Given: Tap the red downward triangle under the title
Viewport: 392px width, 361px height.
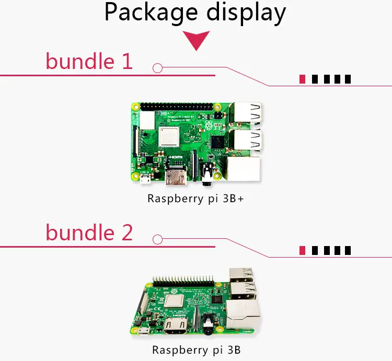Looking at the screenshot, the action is pyautogui.click(x=196, y=40).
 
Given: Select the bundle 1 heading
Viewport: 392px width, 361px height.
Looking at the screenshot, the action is pyautogui.click(x=89, y=62).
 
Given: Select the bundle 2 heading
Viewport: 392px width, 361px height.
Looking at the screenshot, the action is pyautogui.click(x=89, y=232).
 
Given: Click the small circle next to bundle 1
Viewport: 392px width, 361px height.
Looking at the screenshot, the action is pyautogui.click(x=157, y=68).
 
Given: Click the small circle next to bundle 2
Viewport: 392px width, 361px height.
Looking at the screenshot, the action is pyautogui.click(x=157, y=239).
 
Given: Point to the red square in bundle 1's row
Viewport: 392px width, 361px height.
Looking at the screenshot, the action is pyautogui.click(x=302, y=79).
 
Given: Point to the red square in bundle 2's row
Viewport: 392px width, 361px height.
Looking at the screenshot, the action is pyautogui.click(x=302, y=250).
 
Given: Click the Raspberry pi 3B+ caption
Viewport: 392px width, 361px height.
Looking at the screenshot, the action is pyautogui.click(x=196, y=199).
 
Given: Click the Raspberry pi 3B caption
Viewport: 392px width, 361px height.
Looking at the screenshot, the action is pyautogui.click(x=196, y=350).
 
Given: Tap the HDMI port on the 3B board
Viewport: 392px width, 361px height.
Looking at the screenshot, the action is pyautogui.click(x=178, y=328).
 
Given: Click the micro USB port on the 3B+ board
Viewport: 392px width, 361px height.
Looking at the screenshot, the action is pyautogui.click(x=146, y=180).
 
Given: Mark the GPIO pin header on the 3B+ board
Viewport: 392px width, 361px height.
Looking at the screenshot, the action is pyautogui.click(x=177, y=106).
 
